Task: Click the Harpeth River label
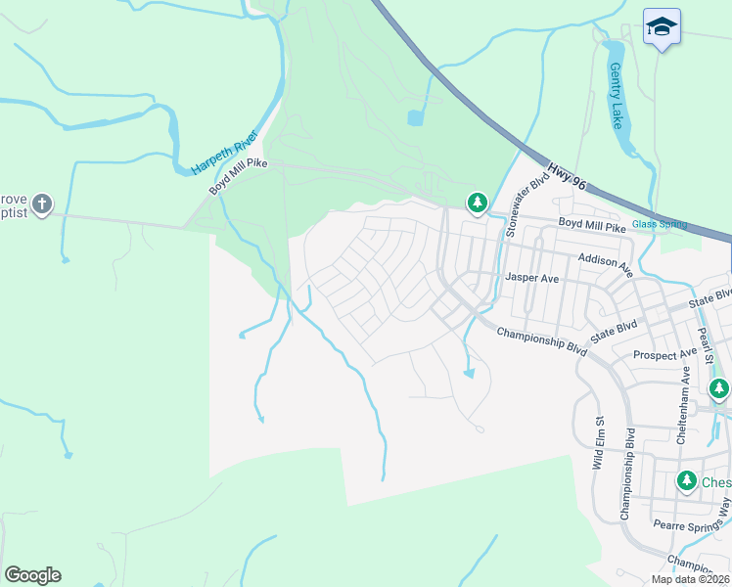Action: pyautogui.click(x=223, y=153)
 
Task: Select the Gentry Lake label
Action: pyautogui.click(x=616, y=97)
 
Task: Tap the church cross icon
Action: pyautogui.click(x=41, y=204)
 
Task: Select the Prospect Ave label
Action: pyautogui.click(x=664, y=353)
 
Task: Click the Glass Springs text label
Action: pyautogui.click(x=659, y=224)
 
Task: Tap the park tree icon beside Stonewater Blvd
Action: pyautogui.click(x=477, y=203)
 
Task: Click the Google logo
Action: pyautogui.click(x=32, y=575)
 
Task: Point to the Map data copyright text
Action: pyautogui.click(x=690, y=579)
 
